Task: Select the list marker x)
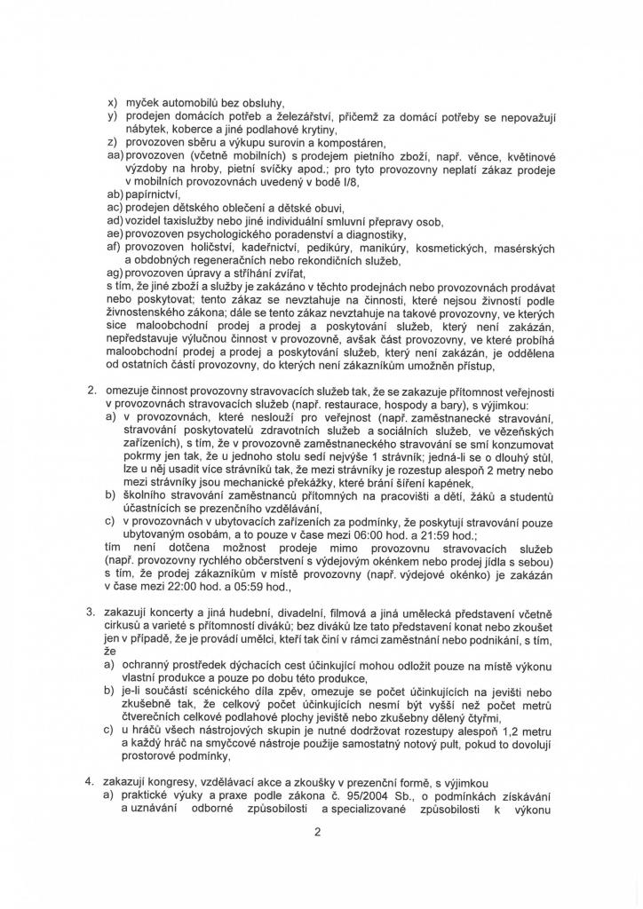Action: click(112, 104)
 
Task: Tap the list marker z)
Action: click(112, 142)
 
